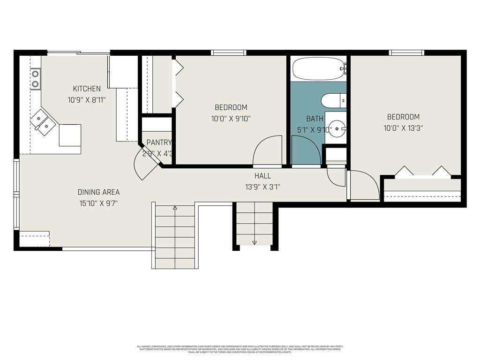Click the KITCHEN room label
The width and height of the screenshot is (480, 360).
coord(87,89)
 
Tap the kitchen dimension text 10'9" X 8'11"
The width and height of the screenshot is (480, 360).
coord(87,99)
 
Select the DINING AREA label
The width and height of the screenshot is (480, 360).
coord(98,192)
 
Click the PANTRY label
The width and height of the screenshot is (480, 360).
coord(159,142)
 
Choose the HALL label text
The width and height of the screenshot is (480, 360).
coord(262,176)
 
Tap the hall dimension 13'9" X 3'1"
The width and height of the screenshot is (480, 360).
coord(262,187)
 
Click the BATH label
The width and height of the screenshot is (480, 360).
coord(315,119)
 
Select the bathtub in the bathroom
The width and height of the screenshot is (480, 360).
coord(318,69)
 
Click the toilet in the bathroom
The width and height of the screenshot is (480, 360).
coord(333,100)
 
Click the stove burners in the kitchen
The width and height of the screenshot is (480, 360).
coord(35,79)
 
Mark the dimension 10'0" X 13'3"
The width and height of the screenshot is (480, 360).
coord(403,127)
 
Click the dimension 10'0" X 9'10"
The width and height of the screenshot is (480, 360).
coord(231,119)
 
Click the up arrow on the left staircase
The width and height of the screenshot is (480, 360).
coord(175,208)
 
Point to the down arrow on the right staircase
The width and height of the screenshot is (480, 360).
coord(255,242)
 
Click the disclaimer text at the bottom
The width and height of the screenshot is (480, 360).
coord(240,349)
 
